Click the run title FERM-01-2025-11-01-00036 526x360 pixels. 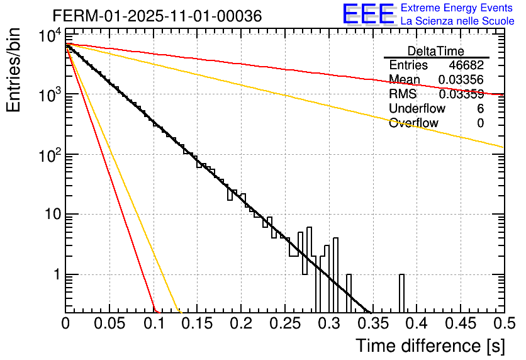148,16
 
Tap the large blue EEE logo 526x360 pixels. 368,14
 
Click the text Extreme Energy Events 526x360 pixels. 456,9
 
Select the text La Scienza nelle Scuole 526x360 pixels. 457,21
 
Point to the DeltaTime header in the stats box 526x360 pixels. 436,51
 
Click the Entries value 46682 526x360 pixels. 466,65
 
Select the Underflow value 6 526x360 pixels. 480,109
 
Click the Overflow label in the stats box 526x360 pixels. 413,123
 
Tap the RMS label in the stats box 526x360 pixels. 403,94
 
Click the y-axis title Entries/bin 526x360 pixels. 14,70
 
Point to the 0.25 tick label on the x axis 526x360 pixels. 285,323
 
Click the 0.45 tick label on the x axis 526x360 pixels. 460,323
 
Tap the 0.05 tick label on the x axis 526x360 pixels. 109,323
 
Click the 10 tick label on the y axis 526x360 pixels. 49,215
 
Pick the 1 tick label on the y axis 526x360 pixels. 55,275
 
